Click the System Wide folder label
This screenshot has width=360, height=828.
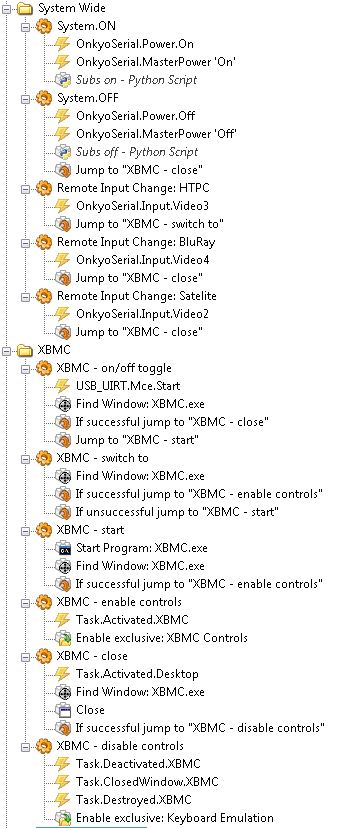(72, 8)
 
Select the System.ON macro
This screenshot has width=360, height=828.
(87, 26)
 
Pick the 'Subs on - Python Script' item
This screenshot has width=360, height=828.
(136, 80)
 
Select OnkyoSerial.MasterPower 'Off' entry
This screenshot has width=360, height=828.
(156, 134)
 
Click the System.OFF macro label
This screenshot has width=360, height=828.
(88, 98)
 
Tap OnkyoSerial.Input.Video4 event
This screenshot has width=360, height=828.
(143, 259)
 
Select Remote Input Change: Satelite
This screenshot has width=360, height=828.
(137, 296)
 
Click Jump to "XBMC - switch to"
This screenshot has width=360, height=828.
(149, 224)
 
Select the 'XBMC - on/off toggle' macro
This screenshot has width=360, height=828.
(114, 368)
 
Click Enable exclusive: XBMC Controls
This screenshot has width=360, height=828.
(162, 637)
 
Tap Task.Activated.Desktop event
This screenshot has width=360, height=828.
(137, 674)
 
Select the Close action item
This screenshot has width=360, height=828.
(90, 710)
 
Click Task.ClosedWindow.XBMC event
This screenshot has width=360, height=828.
(147, 782)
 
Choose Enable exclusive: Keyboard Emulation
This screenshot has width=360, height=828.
(175, 818)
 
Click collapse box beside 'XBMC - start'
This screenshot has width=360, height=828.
(25, 530)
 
